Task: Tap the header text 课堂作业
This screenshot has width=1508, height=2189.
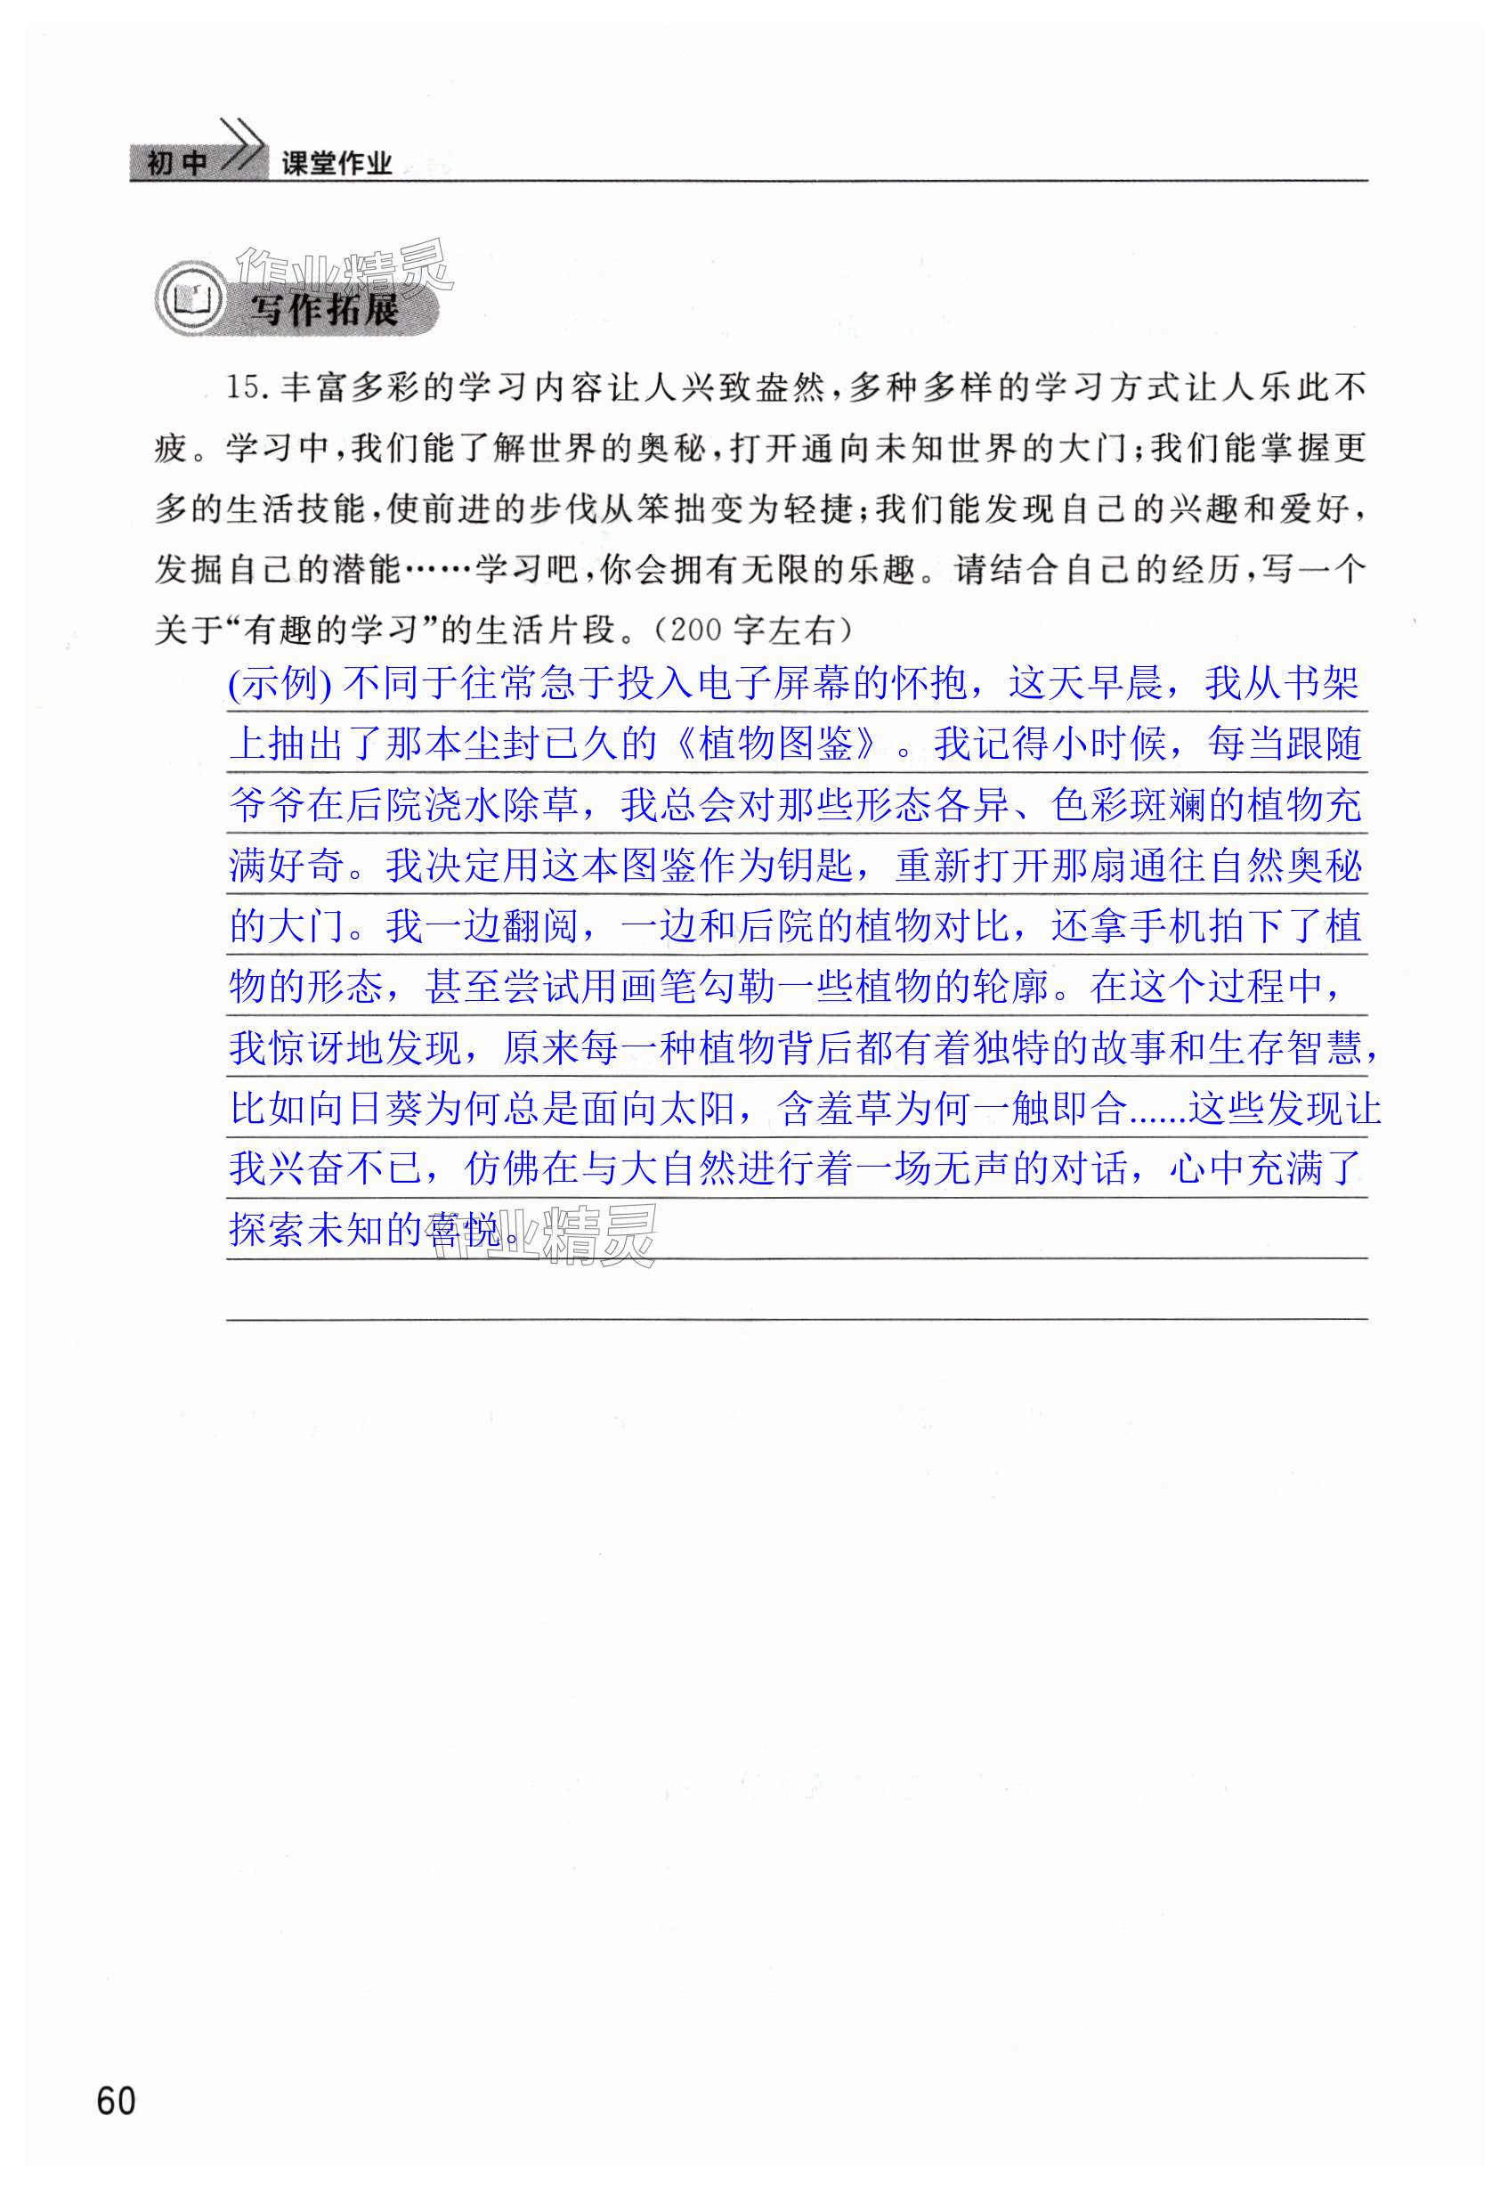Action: click(x=336, y=165)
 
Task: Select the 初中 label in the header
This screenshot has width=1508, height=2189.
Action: click(x=176, y=164)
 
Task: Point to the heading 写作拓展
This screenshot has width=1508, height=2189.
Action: click(x=324, y=309)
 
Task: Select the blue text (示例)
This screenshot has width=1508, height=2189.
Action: click(x=280, y=683)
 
